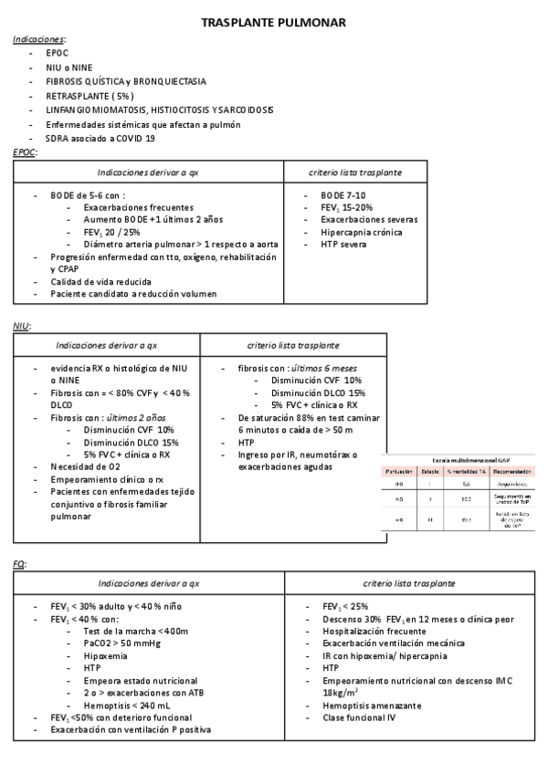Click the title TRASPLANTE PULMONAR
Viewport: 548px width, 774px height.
[x=273, y=22]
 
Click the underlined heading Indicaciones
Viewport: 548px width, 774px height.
[x=38, y=40]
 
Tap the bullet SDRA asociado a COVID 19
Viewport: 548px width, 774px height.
[x=100, y=138]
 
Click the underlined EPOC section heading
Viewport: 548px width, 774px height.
[x=25, y=152]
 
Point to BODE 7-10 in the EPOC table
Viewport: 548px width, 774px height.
[x=342, y=195]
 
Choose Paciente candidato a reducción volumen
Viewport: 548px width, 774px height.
[x=133, y=294]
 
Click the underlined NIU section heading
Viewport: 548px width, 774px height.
[x=22, y=326]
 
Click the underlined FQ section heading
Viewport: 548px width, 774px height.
[x=19, y=564]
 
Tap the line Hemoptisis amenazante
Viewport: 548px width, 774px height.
[x=372, y=706]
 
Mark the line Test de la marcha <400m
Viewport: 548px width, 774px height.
[x=136, y=631]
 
